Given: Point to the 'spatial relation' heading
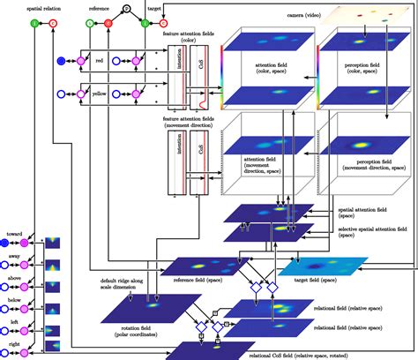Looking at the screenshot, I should (19, 5).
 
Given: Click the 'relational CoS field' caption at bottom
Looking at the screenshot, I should (280, 355).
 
